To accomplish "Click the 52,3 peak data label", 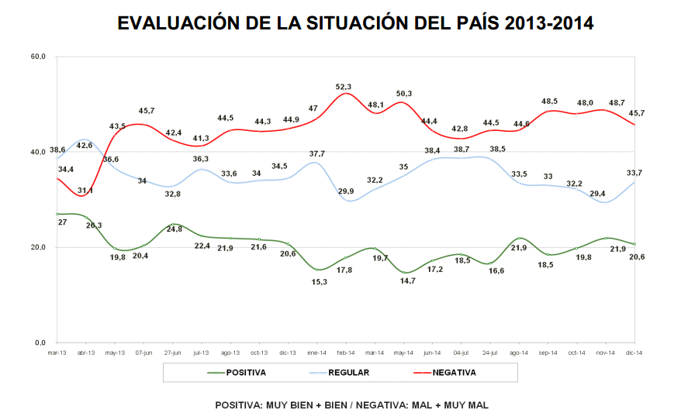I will [x=343, y=87].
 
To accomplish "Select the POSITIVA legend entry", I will [x=246, y=373].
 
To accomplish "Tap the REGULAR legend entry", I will [x=348, y=373].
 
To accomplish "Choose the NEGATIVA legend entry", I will [x=454, y=373].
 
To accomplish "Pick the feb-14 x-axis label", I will [x=346, y=352].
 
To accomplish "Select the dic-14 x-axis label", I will [x=634, y=352].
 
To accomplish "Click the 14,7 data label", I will [x=404, y=281].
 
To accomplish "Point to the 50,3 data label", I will [x=404, y=94].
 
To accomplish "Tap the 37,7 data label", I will [x=317, y=153].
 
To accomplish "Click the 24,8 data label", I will [x=174, y=229].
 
